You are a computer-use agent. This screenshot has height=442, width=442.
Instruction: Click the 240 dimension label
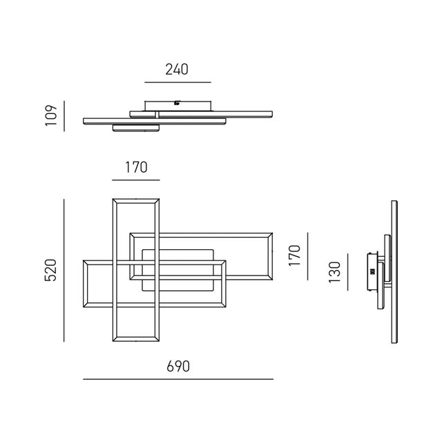pos(177,69)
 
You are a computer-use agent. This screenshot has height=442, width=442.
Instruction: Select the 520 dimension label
pos(50,270)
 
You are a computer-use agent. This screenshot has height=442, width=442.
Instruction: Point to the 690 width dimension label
pos(177,366)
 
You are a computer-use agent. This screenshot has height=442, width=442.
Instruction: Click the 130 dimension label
pos(335,272)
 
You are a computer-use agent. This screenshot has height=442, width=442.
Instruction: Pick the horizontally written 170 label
pos(136,167)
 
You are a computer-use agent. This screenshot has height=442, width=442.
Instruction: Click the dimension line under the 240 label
pos(177,83)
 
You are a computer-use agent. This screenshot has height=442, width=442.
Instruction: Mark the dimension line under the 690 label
pos(177,379)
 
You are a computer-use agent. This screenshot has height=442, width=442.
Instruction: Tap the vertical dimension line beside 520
pos(64,270)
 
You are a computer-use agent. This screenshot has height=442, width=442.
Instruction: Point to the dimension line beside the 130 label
pos(349,272)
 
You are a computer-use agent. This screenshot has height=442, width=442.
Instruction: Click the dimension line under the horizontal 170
pos(136,181)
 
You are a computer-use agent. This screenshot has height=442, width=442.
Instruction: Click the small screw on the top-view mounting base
pos(177,104)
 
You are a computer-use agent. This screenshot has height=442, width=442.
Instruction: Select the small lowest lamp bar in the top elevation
pos(136,128)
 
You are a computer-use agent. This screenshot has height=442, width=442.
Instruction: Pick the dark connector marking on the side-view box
pos(373,271)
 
